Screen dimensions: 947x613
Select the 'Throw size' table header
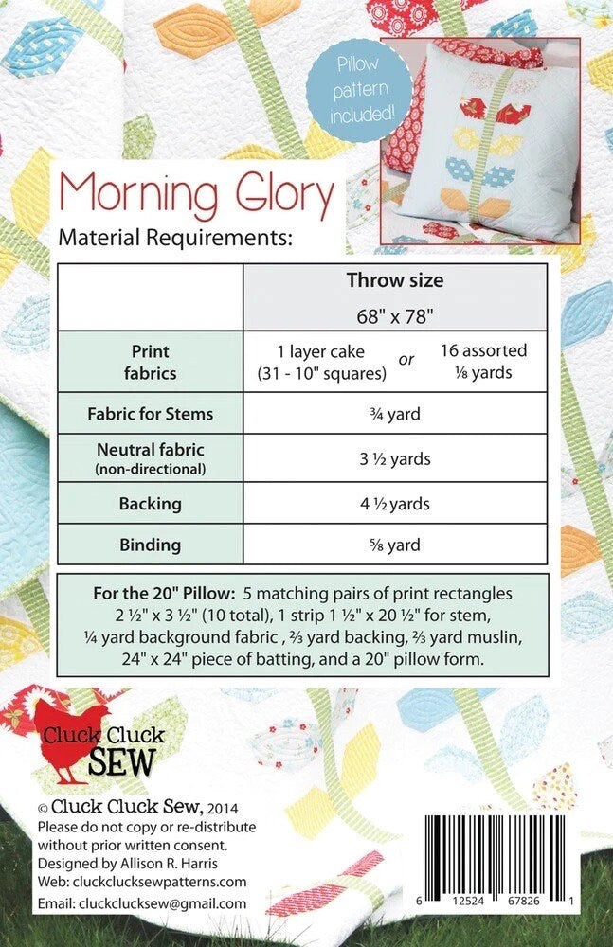click(x=394, y=280)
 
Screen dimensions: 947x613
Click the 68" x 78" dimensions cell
click(x=394, y=312)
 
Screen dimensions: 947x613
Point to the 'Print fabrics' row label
click(x=151, y=362)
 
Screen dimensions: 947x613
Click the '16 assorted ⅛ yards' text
click(x=483, y=361)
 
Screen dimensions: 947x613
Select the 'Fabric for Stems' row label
click(x=151, y=414)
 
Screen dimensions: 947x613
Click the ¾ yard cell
click(x=395, y=414)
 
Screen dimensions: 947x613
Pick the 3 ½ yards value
click(x=395, y=459)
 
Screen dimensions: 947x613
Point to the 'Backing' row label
click(x=151, y=504)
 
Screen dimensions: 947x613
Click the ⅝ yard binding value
click(x=395, y=545)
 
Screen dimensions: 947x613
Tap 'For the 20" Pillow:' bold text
click(x=163, y=594)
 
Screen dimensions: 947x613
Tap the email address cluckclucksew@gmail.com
click(x=141, y=904)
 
